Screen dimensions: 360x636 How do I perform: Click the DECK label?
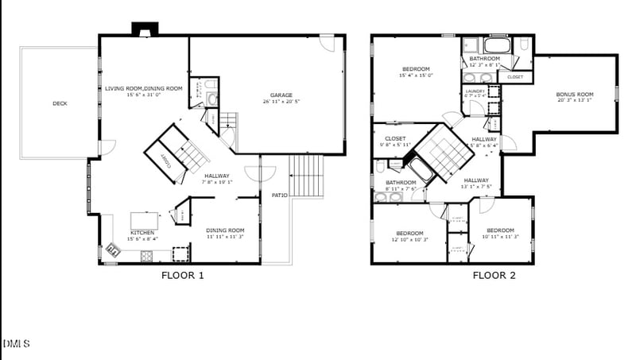[x=60, y=103]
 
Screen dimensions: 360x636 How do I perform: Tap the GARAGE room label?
[x=281, y=95]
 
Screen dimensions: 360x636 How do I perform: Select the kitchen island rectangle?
[x=143, y=220]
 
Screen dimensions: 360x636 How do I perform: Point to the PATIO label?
[x=279, y=195]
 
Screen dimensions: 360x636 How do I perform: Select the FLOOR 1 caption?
[x=183, y=276]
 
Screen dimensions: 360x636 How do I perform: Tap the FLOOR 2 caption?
[x=494, y=276]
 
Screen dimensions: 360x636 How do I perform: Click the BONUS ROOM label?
[x=574, y=95]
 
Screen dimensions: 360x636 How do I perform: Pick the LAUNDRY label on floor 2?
[x=474, y=91]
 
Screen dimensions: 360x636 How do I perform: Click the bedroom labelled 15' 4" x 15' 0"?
[x=416, y=69]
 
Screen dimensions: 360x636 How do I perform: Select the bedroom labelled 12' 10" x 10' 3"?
[x=410, y=234]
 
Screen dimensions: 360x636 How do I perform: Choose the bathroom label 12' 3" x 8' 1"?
[x=484, y=59]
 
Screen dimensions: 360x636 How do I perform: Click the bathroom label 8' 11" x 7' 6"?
[x=401, y=183]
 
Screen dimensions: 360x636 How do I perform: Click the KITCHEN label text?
[x=142, y=233]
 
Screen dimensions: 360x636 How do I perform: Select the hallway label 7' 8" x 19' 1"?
[x=217, y=176]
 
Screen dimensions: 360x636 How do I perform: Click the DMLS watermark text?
[x=17, y=343]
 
